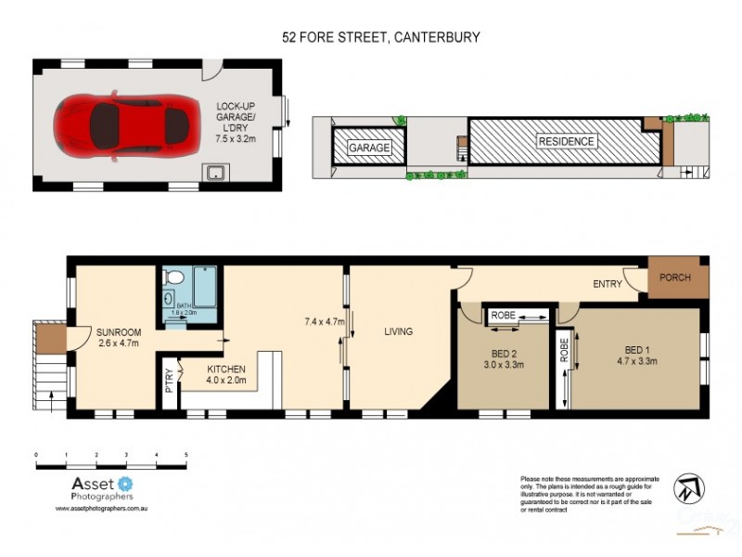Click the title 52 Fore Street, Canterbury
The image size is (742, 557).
[x=381, y=38]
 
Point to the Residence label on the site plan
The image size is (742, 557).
[x=566, y=142]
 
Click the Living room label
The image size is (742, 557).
[x=395, y=331]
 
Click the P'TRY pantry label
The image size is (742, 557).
[x=169, y=382]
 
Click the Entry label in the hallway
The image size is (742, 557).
[x=607, y=284]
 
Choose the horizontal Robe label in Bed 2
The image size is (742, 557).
[x=504, y=316]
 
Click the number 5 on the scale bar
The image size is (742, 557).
[x=186, y=455]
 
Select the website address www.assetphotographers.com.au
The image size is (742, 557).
[x=101, y=509]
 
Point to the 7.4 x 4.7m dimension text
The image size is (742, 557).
[x=325, y=322]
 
